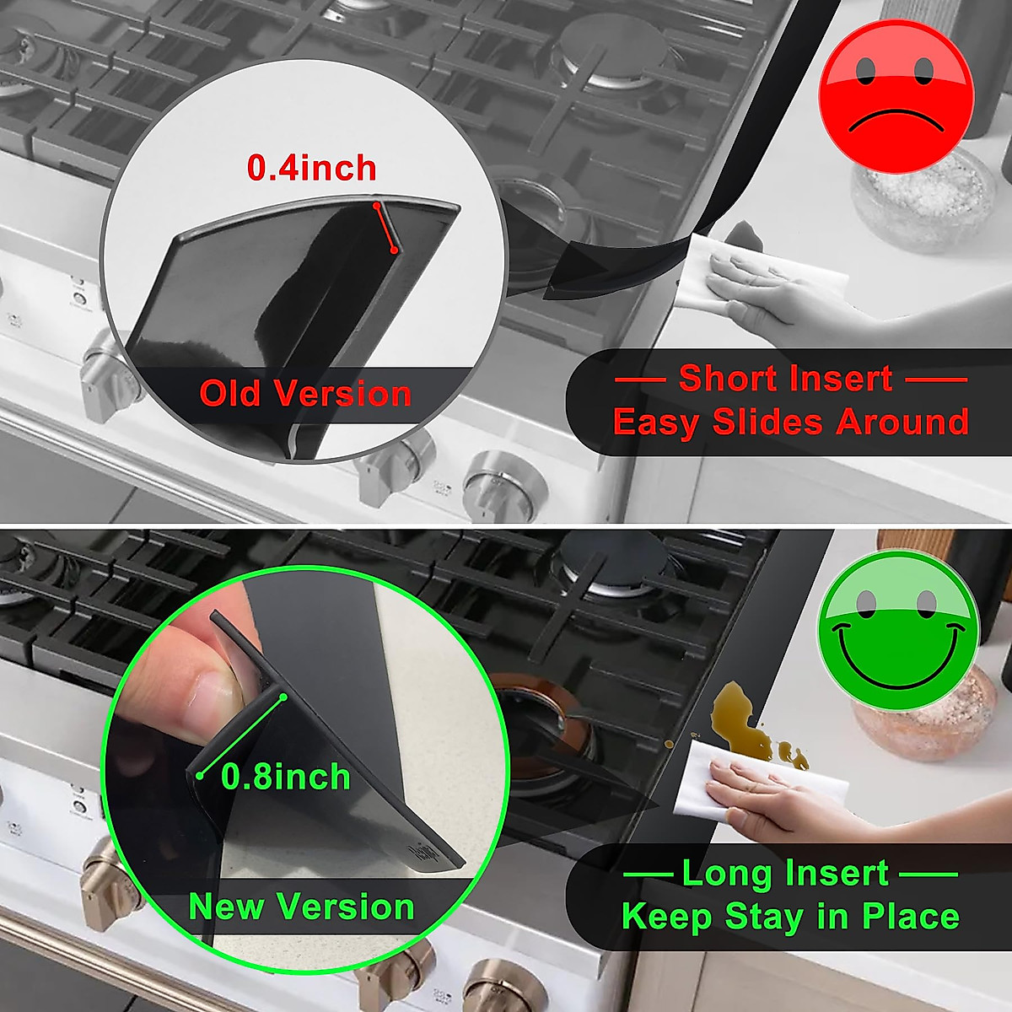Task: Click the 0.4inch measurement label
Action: pyautogui.click(x=311, y=168)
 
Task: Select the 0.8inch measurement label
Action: pyautogui.click(x=285, y=777)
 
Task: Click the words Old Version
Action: pyautogui.click(x=305, y=394)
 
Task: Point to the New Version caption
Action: pyautogui.click(x=301, y=907)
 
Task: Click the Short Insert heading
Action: pyautogui.click(x=785, y=379)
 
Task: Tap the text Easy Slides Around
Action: pyautogui.click(x=790, y=422)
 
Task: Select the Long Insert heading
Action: pyautogui.click(x=785, y=874)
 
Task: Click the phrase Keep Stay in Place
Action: pyautogui.click(x=790, y=917)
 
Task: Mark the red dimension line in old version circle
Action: pyautogui.click(x=385, y=227)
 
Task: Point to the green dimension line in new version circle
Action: pyautogui.click(x=243, y=735)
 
